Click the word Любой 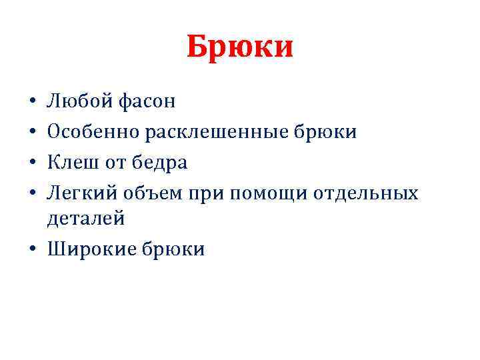click(79, 101)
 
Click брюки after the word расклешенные click(325, 132)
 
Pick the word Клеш click(71, 163)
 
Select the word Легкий click(82, 193)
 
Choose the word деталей click(85, 218)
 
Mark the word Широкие click(92, 249)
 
